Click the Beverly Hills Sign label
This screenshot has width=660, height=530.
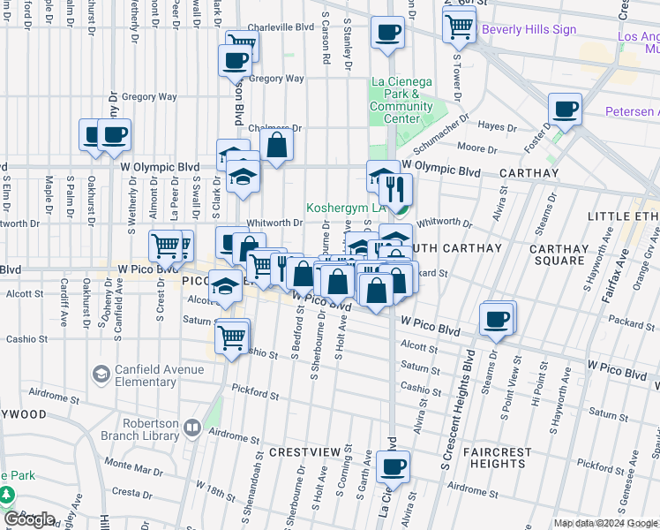pyautogui.click(x=529, y=29)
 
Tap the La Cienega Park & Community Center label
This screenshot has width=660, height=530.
pyautogui.click(x=401, y=100)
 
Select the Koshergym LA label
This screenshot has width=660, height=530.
pyautogui.click(x=347, y=208)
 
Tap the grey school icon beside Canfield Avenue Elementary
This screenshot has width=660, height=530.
pyautogui.click(x=101, y=375)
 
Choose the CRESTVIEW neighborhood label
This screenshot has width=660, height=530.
pyautogui.click(x=304, y=452)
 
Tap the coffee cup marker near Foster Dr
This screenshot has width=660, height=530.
pyautogui.click(x=565, y=110)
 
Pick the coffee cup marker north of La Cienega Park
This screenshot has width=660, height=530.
pyautogui.click(x=387, y=34)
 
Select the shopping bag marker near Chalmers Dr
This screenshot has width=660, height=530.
pyautogui.click(x=277, y=144)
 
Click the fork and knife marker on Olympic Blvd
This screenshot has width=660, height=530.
pyautogui.click(x=396, y=187)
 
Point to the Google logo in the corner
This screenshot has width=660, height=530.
pyautogui.click(x=28, y=519)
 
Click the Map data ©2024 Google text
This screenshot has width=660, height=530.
pyautogui.click(x=605, y=523)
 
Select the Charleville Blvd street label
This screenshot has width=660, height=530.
pyautogui.click(x=281, y=27)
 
